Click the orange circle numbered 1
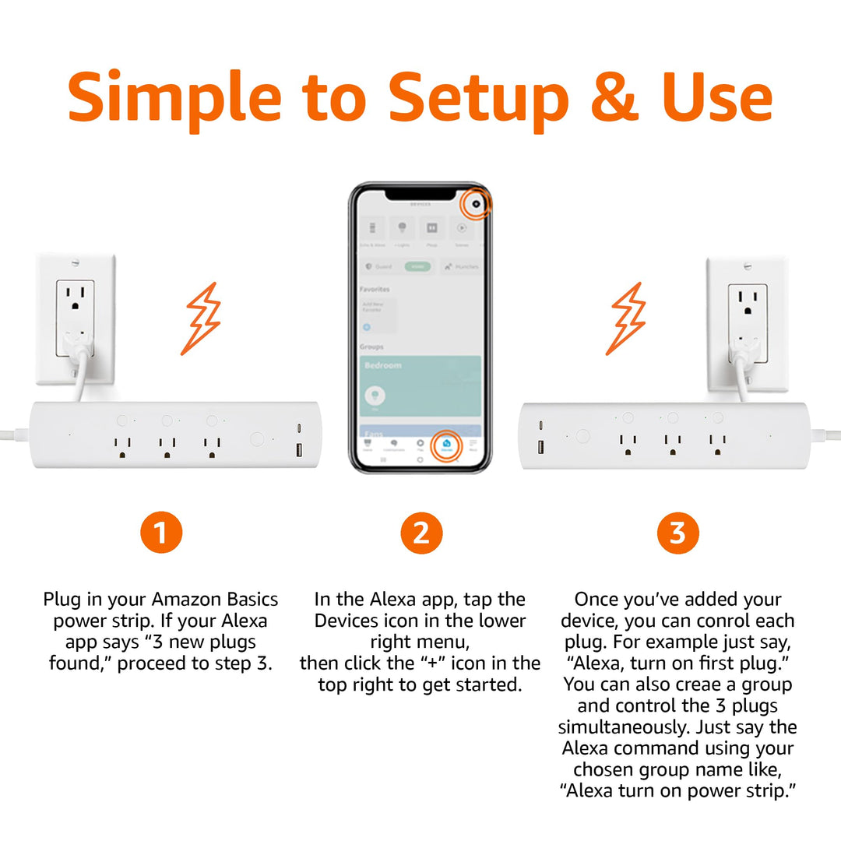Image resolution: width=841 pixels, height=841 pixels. click(161, 533)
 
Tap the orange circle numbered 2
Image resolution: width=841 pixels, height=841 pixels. click(421, 533)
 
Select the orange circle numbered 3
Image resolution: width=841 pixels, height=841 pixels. click(677, 533)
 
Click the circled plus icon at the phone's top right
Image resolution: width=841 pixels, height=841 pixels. click(476, 205)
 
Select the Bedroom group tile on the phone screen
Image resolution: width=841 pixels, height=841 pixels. click(420, 386)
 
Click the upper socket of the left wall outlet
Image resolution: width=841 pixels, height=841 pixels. click(75, 300)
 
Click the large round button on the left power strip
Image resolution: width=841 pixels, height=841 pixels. click(256, 438)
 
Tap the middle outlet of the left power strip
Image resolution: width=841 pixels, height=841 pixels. click(166, 446)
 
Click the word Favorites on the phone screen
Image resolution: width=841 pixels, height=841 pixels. click(375, 288)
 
